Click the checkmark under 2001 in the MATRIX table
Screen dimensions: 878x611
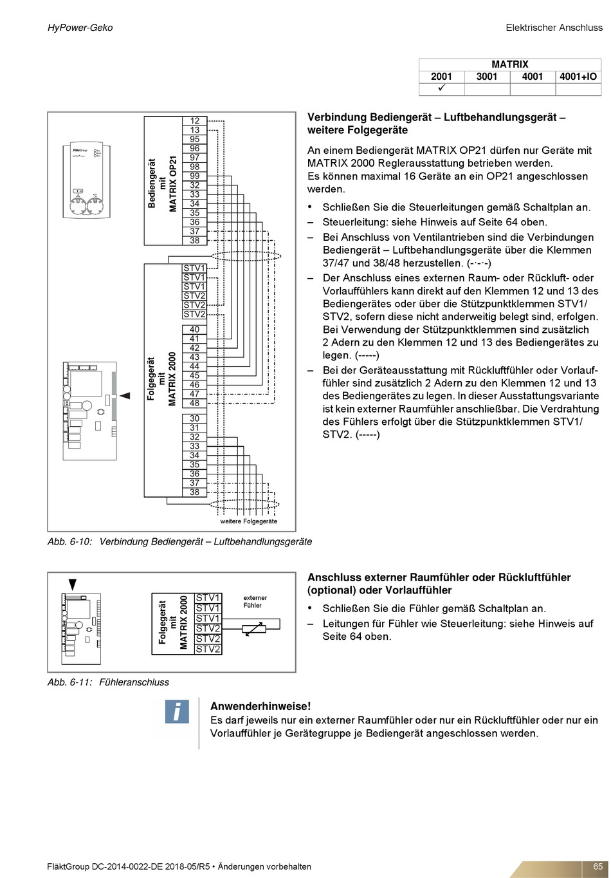(442, 88)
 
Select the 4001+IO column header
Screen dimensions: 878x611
(578, 77)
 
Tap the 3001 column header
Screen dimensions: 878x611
(487, 77)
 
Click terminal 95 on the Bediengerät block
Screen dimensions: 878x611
(195, 139)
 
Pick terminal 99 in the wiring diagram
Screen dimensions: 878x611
(195, 176)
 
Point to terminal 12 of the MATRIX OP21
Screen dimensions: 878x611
(195, 120)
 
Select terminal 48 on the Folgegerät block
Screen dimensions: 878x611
(194, 403)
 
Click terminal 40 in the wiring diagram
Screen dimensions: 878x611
(194, 329)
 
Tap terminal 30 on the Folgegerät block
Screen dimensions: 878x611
(194, 418)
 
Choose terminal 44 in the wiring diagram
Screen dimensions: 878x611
(194, 366)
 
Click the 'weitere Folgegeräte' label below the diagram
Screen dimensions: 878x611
(249, 521)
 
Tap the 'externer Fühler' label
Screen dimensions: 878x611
(255, 601)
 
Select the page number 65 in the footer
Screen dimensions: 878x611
(597, 866)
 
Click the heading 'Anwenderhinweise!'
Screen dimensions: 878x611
(260, 706)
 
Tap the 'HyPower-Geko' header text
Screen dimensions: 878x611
(80, 28)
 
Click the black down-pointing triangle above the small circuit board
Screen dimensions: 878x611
(73, 584)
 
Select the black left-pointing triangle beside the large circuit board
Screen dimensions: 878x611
(125, 395)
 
